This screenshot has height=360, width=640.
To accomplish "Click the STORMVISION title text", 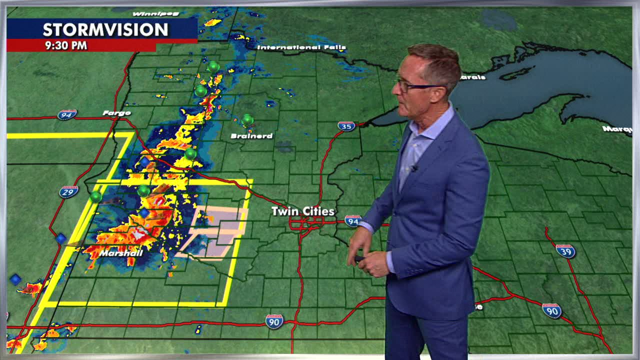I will click(105, 30).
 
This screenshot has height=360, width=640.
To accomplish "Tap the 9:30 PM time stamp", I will click(66, 45).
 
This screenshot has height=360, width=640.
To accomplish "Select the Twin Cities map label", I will click(302, 211).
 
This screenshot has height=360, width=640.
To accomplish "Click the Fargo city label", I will click(116, 113).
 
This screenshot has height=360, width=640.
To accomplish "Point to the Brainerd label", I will click(251, 136).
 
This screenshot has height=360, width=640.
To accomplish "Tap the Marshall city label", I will click(121, 253).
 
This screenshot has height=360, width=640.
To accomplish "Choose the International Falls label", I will click(301, 47).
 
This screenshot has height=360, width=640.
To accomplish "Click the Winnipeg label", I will click(156, 13).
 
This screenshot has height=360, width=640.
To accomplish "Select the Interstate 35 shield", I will click(346, 126).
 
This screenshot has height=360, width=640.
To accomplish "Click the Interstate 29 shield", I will click(68, 191).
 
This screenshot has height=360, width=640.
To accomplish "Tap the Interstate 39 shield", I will click(565, 250).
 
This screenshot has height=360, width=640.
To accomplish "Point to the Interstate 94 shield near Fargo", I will click(67, 115).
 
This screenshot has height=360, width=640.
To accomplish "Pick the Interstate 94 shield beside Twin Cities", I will click(353, 220).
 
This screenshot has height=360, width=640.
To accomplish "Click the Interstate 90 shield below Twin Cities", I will click(274, 321).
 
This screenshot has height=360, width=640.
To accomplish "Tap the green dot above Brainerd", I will click(247, 120).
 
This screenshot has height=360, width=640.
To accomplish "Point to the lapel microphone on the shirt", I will click(414, 168).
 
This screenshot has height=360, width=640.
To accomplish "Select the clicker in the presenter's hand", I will click(359, 258).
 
